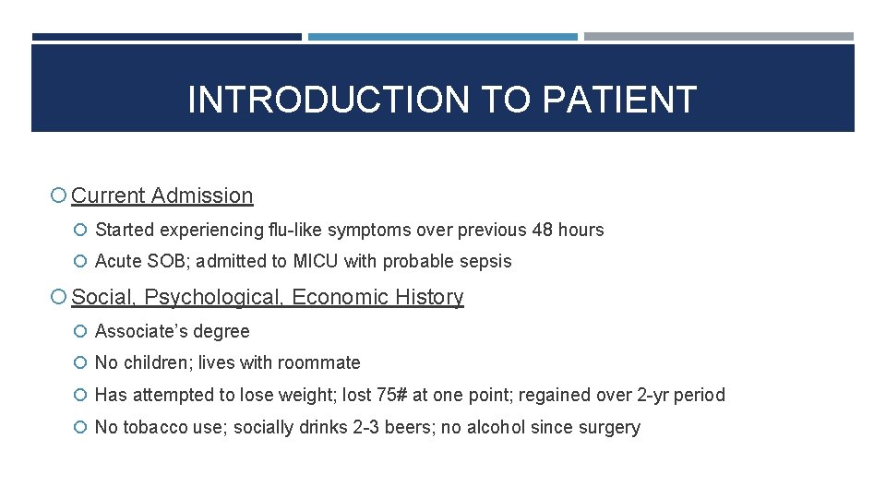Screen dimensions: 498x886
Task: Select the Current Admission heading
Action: [162, 196]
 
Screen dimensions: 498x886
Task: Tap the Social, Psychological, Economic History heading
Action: [268, 297]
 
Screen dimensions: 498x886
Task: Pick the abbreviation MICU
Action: [316, 261]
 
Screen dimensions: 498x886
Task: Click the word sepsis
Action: [485, 261]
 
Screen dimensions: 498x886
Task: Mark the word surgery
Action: [610, 427]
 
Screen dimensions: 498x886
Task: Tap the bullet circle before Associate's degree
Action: [83, 331]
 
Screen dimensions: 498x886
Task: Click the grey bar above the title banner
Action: [719, 37]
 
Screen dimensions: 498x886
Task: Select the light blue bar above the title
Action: [443, 37]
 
